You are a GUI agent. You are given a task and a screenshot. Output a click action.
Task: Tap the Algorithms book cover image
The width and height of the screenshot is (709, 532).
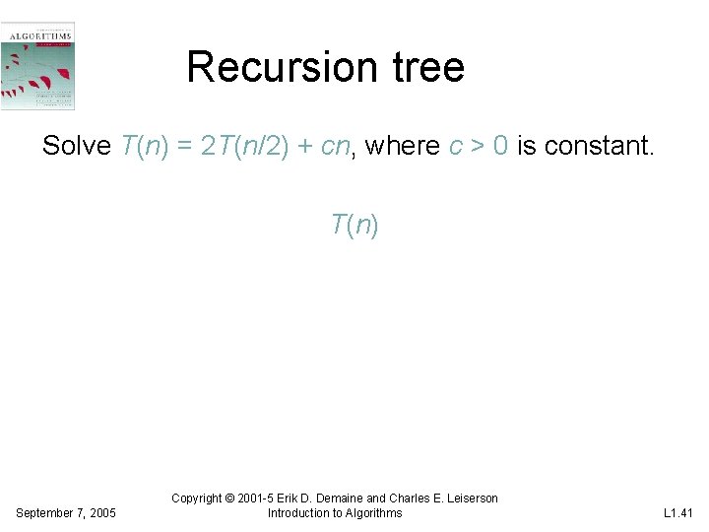(38, 66)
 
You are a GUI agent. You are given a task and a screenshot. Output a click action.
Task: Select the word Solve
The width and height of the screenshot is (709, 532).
(77, 147)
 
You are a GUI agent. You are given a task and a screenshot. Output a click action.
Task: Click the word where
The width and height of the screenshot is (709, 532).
(403, 147)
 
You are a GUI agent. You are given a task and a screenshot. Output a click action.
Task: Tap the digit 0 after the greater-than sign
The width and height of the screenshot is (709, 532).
(501, 147)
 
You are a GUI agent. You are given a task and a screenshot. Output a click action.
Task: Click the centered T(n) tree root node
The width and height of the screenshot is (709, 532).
(354, 226)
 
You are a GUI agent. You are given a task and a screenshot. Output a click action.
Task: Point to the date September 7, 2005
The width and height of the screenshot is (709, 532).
(66, 513)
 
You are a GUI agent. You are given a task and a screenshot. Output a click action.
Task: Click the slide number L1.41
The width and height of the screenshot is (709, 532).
(678, 513)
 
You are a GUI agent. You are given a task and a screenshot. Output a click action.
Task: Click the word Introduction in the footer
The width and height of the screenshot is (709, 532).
(299, 512)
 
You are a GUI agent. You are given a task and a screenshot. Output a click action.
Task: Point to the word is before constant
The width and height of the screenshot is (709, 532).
(527, 147)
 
